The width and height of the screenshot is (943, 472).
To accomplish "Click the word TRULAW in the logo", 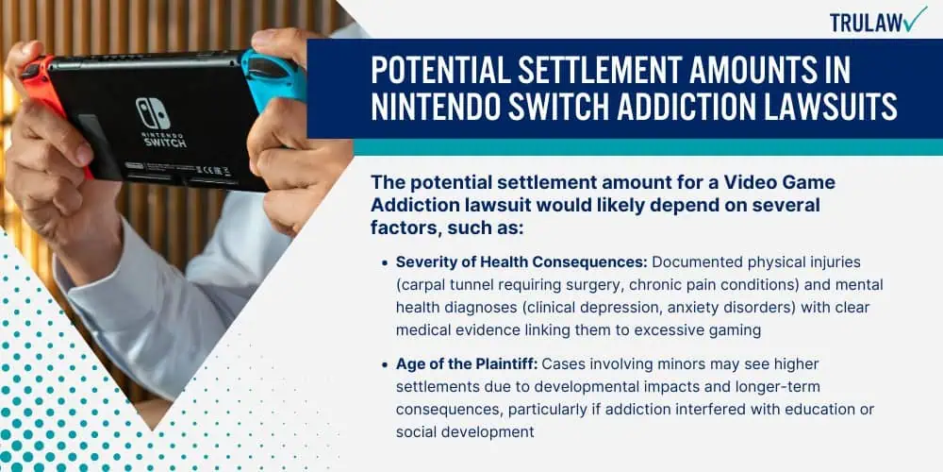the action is tap(867, 23).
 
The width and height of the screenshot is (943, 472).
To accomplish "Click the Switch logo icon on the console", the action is tap(152, 112).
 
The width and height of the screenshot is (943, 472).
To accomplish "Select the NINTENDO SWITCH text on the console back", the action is tap(163, 140).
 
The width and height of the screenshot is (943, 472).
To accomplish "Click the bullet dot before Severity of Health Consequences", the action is tap(385, 263).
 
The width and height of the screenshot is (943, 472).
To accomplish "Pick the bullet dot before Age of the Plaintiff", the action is tap(385, 364).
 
